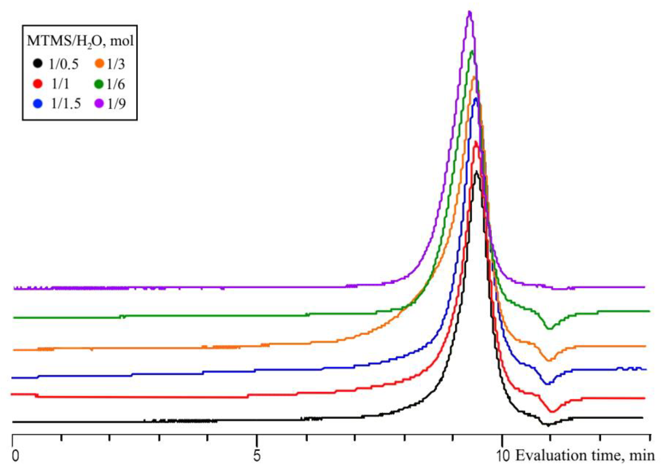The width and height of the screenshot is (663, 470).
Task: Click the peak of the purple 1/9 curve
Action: point(470,12)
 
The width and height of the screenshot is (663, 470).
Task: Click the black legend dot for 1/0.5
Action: point(38,63)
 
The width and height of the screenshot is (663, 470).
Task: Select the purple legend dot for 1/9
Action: point(100,104)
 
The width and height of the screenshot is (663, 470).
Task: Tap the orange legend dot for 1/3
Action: point(100,64)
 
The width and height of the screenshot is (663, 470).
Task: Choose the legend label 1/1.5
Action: point(66,104)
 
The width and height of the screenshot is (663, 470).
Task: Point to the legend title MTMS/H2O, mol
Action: point(80,41)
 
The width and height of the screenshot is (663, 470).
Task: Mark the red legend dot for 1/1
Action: point(38,84)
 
